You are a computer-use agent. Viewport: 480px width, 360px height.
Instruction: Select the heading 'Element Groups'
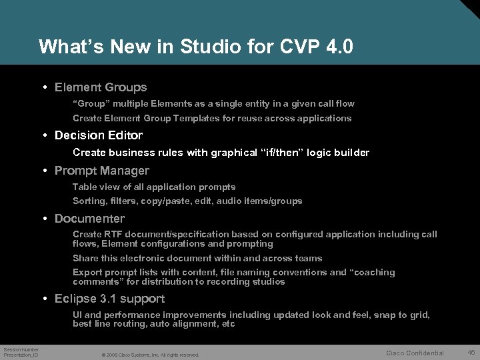pyautogui.click(x=101, y=87)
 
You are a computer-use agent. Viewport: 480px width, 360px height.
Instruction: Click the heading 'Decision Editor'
pyautogui.click(x=99, y=135)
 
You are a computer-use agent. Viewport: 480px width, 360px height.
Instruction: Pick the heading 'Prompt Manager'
pyautogui.click(x=102, y=171)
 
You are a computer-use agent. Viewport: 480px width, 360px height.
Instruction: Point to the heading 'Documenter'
pyautogui.click(x=89, y=219)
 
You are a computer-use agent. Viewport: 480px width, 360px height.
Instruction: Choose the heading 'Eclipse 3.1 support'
pyautogui.click(x=109, y=299)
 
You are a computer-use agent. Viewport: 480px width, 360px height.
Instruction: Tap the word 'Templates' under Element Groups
pyautogui.click(x=195, y=118)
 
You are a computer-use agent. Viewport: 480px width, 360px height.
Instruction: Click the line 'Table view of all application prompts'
pyautogui.click(x=154, y=187)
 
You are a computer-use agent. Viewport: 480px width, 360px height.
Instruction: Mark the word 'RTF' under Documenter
pyautogui.click(x=113, y=234)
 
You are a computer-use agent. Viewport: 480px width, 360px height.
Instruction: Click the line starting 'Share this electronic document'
pyautogui.click(x=197, y=258)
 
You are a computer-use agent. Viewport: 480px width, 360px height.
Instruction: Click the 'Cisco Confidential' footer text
pyautogui.click(x=415, y=353)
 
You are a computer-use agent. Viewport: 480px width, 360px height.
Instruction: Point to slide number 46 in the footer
pyautogui.click(x=470, y=352)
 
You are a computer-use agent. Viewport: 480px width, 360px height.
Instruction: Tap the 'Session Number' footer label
pyautogui.click(x=21, y=349)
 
